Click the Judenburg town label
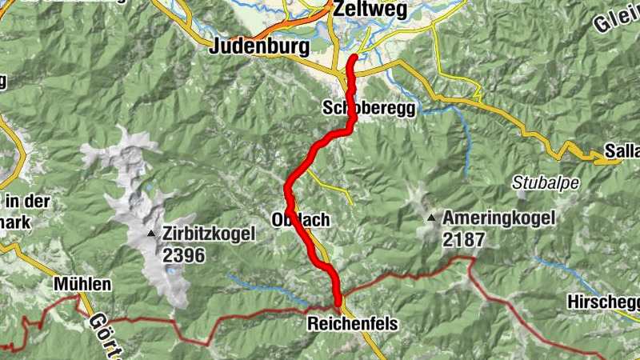click(258, 46)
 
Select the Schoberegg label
click(370, 107)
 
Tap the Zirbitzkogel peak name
click(208, 234)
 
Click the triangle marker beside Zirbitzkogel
click(152, 234)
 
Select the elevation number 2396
click(184, 255)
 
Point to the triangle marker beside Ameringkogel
click(432, 218)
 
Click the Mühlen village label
click(82, 284)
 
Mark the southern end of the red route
click(338, 302)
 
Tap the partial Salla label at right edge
click(622, 152)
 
